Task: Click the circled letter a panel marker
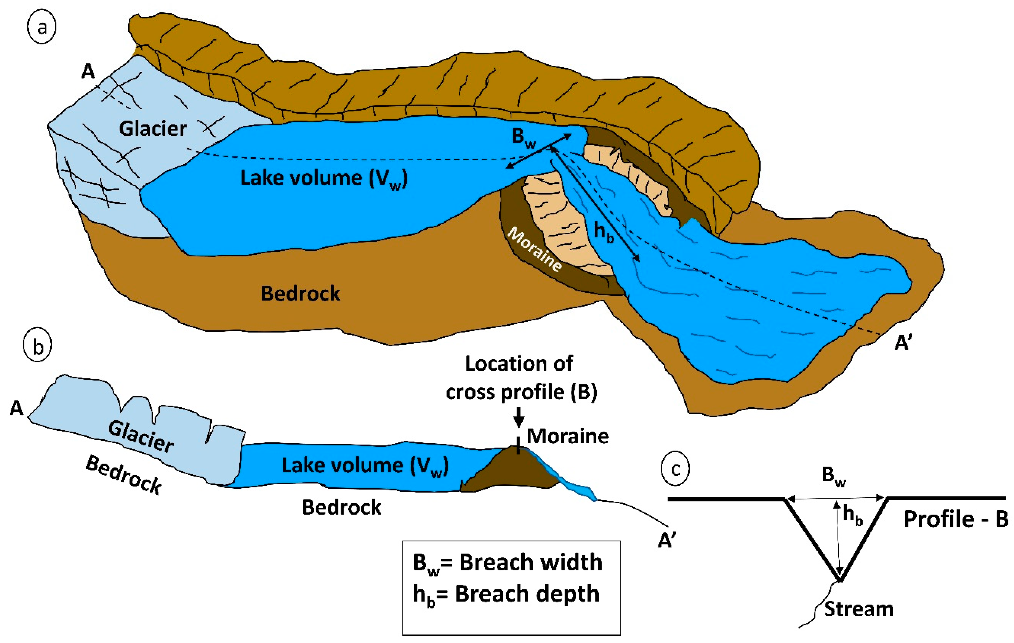click(x=41, y=28)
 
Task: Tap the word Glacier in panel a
click(x=153, y=128)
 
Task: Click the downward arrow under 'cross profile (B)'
click(x=519, y=417)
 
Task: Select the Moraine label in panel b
click(x=568, y=436)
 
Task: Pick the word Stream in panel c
click(x=859, y=609)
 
